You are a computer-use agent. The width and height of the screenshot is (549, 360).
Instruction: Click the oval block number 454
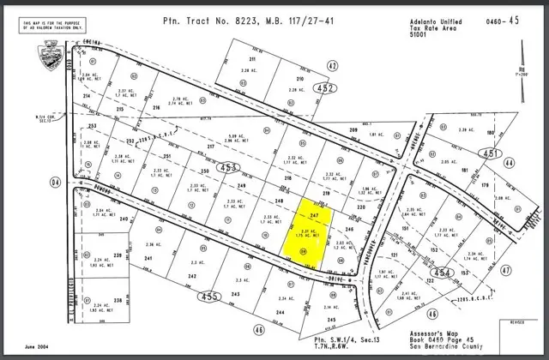[443, 272]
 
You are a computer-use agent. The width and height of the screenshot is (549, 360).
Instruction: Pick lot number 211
[253, 58]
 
